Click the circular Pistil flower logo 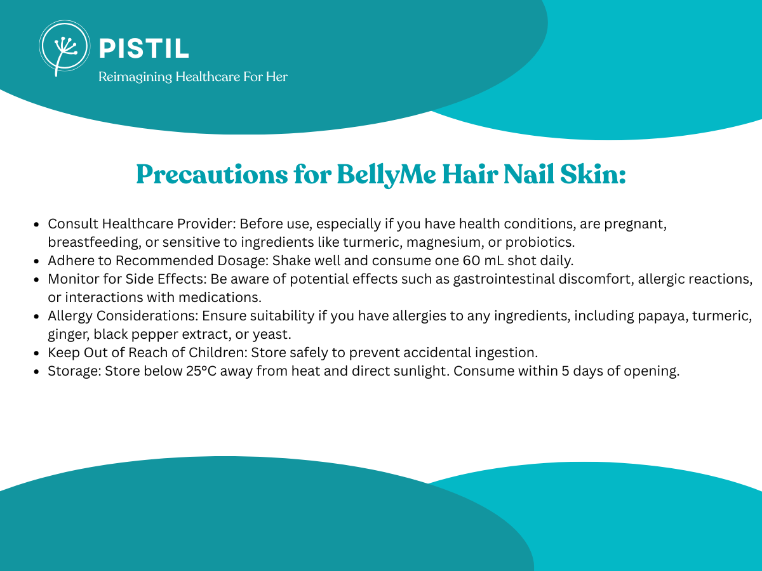pos(65,48)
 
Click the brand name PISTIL pos(144,48)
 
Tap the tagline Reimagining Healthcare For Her pos(193,77)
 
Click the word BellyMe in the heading pos(386,174)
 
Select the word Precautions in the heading pos(211,174)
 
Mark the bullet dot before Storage pos(36,372)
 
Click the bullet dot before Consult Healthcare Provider pos(36,225)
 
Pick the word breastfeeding pos(95,243)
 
